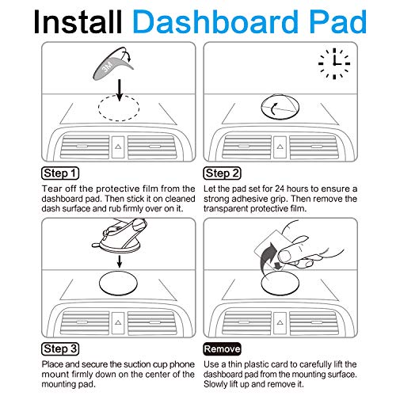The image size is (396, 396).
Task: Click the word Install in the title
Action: click(x=78, y=22)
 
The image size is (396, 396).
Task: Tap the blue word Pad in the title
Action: click(x=337, y=22)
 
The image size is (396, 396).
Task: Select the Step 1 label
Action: click(x=60, y=173)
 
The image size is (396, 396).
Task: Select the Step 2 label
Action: click(x=222, y=173)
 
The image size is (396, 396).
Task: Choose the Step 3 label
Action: click(x=60, y=348)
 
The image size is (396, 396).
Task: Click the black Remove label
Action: click(x=222, y=348)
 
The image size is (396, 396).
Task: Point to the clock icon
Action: click(x=334, y=63)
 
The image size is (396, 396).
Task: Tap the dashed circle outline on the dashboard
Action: click(x=119, y=96)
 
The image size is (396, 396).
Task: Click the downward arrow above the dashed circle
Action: click(x=120, y=90)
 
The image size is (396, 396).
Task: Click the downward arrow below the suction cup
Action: click(x=120, y=261)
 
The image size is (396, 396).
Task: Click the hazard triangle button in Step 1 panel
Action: click(x=118, y=147)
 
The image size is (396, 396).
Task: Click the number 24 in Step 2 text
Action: click(x=280, y=188)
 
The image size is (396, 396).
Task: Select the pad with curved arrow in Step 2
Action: click(x=280, y=107)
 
